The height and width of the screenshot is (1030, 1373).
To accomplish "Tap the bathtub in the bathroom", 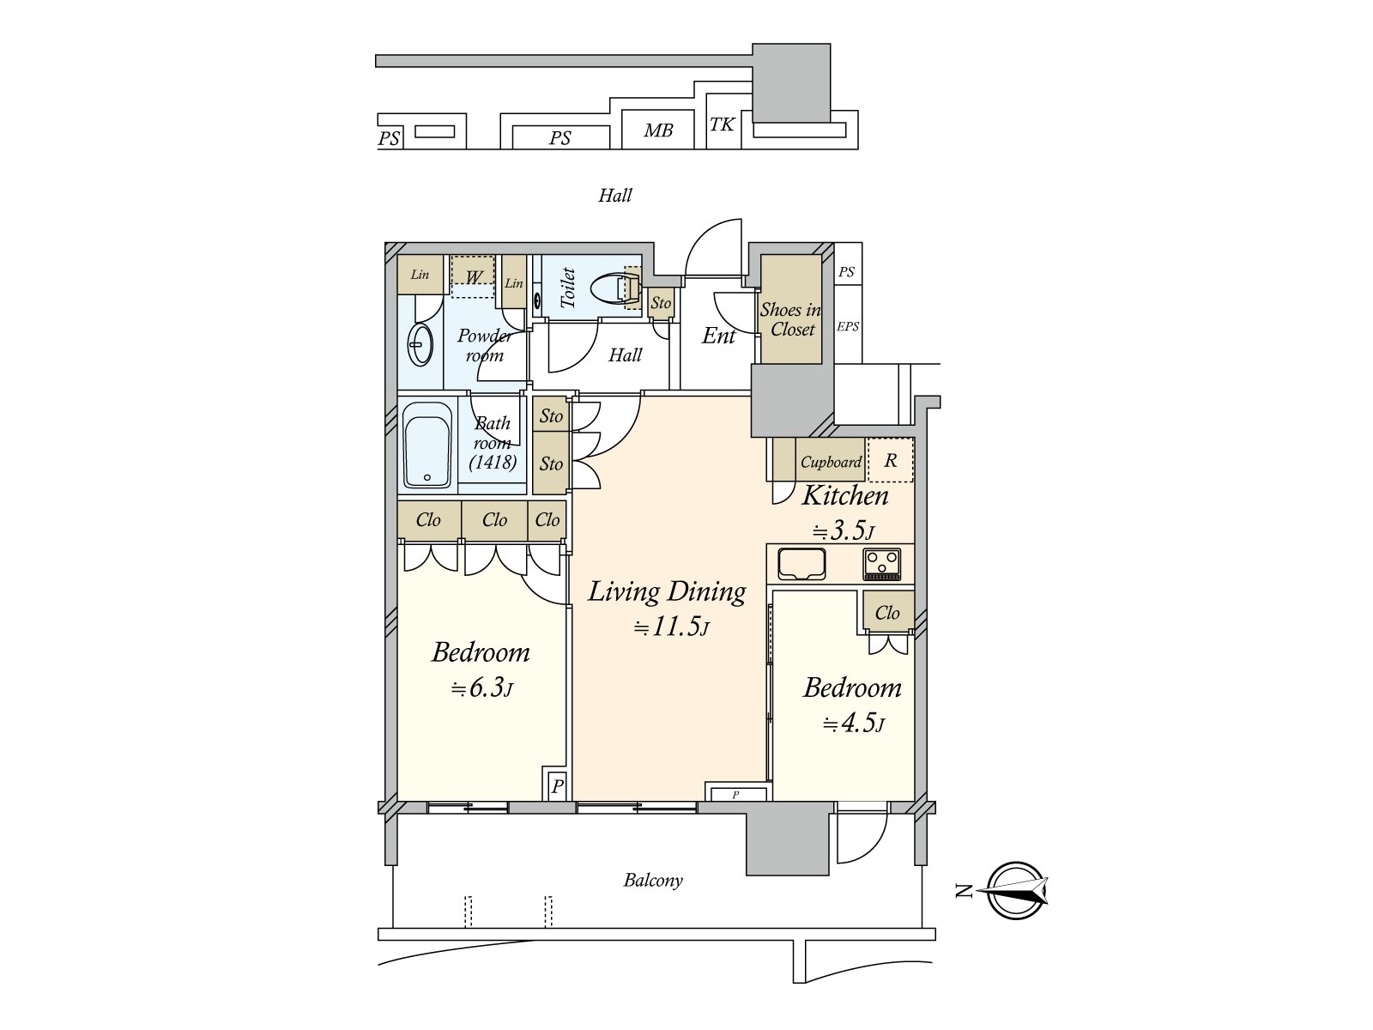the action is click(427, 445).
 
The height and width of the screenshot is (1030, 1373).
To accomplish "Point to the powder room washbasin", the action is click(420, 344).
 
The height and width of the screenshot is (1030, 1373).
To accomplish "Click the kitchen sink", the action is click(801, 563).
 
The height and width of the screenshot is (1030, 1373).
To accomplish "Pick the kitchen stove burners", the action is click(882, 563).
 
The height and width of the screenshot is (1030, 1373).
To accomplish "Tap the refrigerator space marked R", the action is click(891, 460).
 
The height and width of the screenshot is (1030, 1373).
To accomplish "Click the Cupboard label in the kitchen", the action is click(831, 462).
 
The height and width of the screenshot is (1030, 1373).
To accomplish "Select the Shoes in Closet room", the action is click(790, 309).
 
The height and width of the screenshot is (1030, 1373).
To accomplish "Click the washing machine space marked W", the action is click(473, 276).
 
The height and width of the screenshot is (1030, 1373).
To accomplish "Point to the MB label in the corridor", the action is click(658, 130).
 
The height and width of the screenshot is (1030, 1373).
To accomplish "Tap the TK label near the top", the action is click(722, 124).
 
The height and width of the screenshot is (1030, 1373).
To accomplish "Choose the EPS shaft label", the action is click(848, 326).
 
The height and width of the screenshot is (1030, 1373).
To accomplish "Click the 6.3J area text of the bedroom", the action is click(481, 688).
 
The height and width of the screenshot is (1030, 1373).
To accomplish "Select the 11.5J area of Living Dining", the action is click(671, 627).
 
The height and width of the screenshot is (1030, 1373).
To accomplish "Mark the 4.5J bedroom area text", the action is click(853, 724).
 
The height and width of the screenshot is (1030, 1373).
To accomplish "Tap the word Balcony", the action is click(653, 881).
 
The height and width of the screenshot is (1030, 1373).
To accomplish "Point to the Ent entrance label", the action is click(718, 336).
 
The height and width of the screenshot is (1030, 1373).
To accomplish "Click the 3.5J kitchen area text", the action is click(844, 531).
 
